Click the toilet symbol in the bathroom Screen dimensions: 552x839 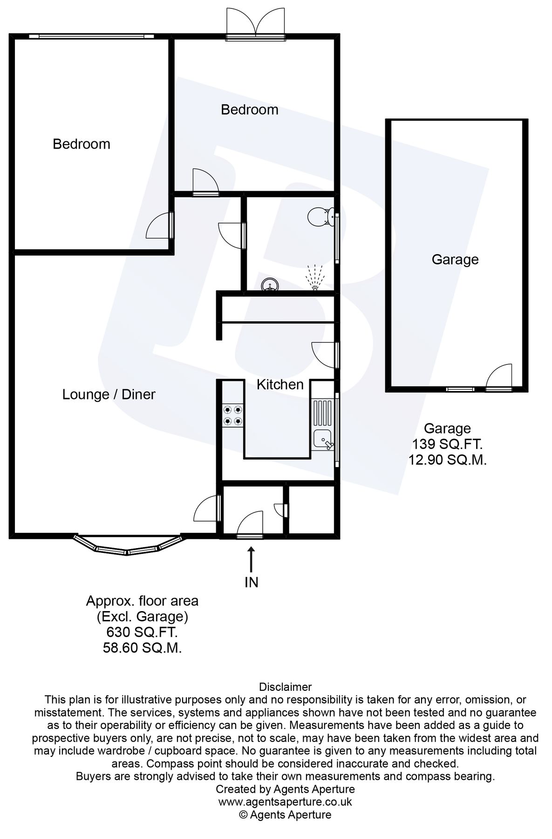320,216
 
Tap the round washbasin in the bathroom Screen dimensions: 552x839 270,284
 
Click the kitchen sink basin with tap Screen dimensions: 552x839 323,439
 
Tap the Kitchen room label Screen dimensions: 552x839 280,385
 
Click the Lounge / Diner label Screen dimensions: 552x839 109,394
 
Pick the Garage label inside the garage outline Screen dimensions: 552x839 455,259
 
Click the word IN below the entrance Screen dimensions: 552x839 252,582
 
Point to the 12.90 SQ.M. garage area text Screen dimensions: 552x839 448,461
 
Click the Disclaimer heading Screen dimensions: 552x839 285,687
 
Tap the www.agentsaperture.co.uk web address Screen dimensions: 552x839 285,802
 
